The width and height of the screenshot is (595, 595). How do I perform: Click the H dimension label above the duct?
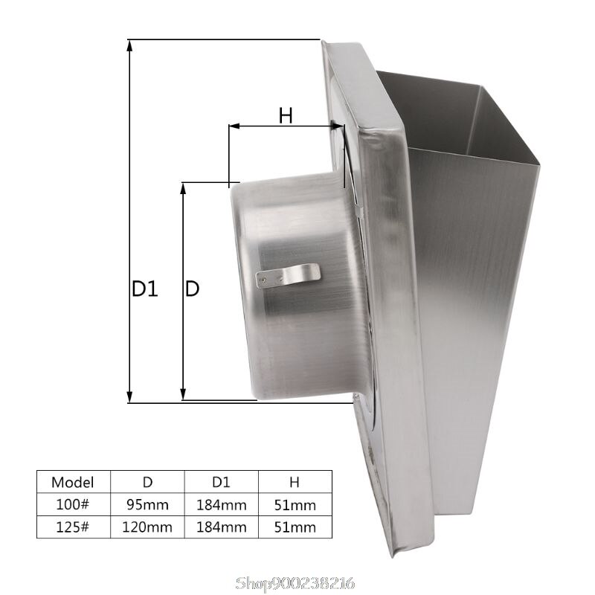click(286, 115)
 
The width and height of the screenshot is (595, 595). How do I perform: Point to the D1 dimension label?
click(145, 289)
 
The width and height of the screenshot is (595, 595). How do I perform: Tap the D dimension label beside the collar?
click(192, 289)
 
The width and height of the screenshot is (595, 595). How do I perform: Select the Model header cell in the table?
click(73, 481)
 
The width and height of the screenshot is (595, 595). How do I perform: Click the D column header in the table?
click(147, 481)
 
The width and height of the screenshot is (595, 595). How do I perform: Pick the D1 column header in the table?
click(221, 481)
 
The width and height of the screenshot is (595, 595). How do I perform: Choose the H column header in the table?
click(295, 481)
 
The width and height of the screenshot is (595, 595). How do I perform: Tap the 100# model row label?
click(73, 505)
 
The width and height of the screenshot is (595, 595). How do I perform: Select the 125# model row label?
click(73, 527)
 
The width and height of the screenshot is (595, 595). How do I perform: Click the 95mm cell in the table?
click(147, 505)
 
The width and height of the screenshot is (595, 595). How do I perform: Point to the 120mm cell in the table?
click(147, 527)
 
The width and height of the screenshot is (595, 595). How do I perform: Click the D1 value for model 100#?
click(221, 505)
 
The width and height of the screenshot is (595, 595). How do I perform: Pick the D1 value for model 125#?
click(221, 527)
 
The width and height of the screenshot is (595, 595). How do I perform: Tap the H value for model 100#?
click(295, 505)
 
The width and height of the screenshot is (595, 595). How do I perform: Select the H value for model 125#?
click(295, 527)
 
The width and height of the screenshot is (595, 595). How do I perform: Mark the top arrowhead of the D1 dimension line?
click(129, 45)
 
